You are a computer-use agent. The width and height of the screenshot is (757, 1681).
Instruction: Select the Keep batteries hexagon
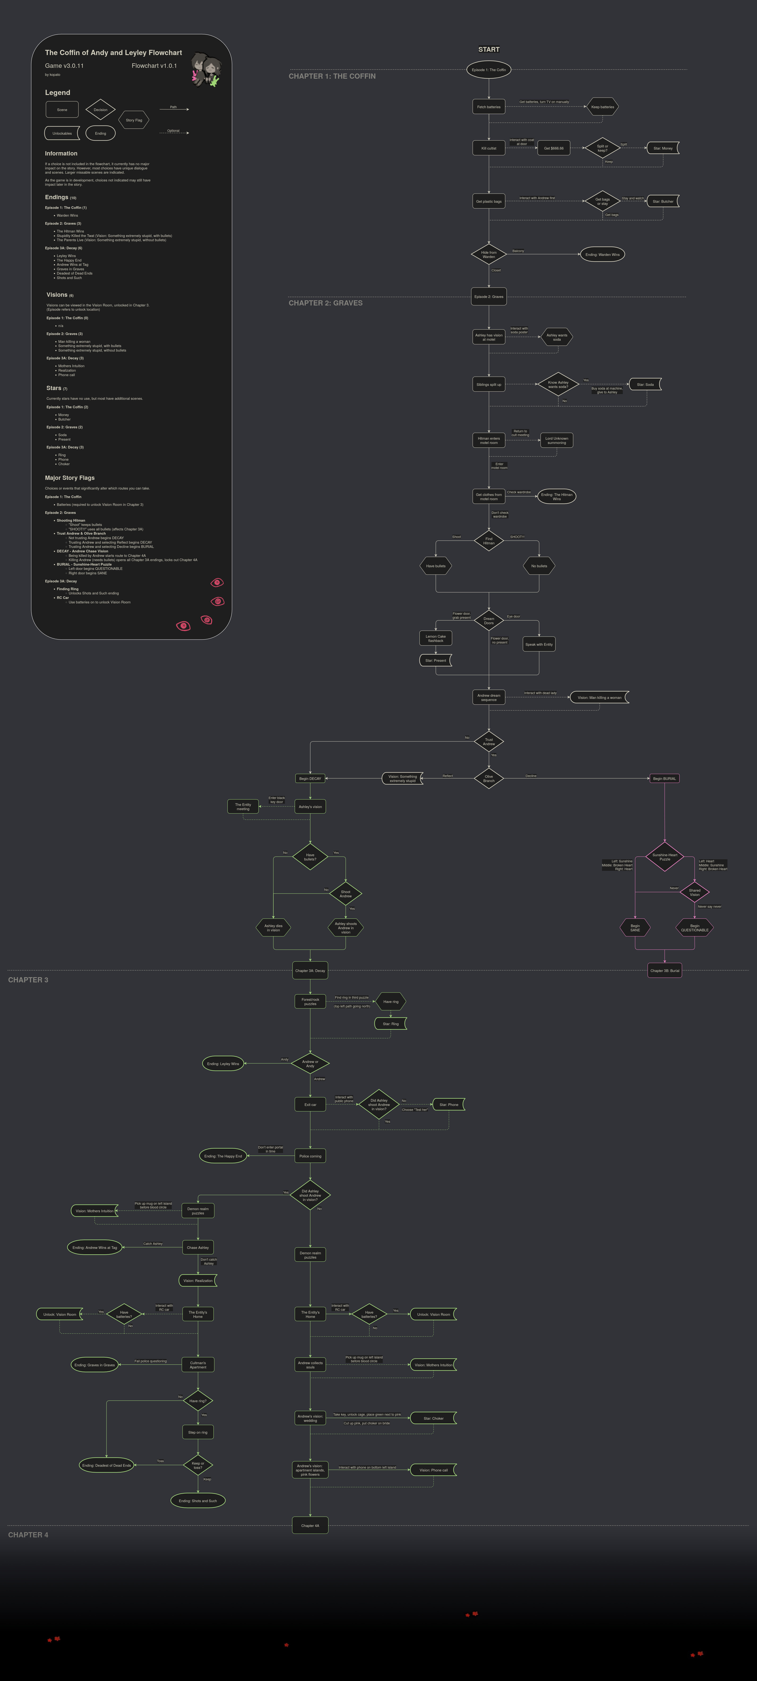pos(602,107)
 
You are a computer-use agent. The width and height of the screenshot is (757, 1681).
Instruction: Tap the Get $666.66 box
pos(553,148)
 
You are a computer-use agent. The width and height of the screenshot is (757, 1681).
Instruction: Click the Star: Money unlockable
pos(662,148)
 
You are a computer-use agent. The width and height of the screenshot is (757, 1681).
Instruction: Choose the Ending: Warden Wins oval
pos(602,254)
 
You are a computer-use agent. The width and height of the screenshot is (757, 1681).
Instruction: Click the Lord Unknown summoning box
pos(557,440)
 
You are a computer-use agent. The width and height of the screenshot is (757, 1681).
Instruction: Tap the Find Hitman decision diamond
pos(489,541)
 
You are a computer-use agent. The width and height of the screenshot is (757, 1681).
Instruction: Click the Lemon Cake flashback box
pos(435,638)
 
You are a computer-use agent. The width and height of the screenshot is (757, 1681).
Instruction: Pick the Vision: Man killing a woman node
pos(599,698)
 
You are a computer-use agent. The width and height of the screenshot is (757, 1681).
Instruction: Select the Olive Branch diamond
pos(489,778)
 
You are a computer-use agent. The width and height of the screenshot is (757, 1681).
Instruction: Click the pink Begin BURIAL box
pos(664,778)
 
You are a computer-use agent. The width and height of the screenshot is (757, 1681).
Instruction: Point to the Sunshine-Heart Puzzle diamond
pos(664,857)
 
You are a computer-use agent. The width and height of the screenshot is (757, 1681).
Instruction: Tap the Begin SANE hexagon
pos(635,927)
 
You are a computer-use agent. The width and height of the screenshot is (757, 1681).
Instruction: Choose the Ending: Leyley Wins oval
pos(223,1064)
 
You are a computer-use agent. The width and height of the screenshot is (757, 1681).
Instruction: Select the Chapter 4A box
pos(310,1526)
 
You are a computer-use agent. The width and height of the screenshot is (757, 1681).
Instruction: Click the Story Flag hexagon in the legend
pos(134,120)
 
